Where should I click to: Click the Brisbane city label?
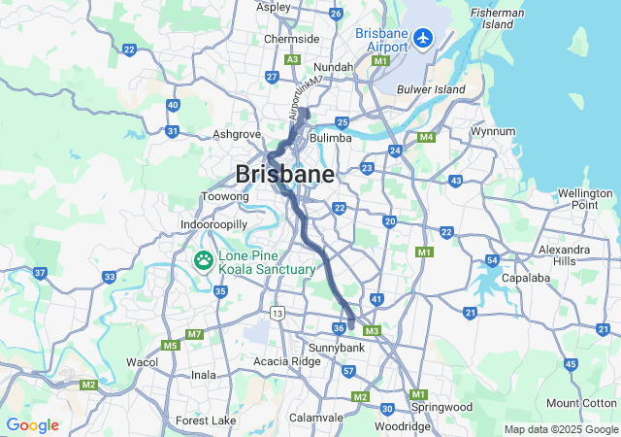point(285,175)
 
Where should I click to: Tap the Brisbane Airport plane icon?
point(423,38)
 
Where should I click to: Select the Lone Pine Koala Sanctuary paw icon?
point(204,260)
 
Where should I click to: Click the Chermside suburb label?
point(292,39)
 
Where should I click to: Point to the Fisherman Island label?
point(497,17)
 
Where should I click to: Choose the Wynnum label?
point(492,130)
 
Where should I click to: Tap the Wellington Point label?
point(585,199)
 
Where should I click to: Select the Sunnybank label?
point(335,347)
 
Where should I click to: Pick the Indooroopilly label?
point(214,224)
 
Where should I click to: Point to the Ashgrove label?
point(237,134)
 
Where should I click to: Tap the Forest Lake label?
point(206,420)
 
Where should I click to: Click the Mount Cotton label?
point(581,403)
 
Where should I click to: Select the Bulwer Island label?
point(431,89)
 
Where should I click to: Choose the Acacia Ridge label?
point(286,361)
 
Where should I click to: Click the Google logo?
point(32,425)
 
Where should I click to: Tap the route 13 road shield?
point(278,313)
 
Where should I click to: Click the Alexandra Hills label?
point(564,255)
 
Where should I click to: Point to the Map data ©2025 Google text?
point(560,429)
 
